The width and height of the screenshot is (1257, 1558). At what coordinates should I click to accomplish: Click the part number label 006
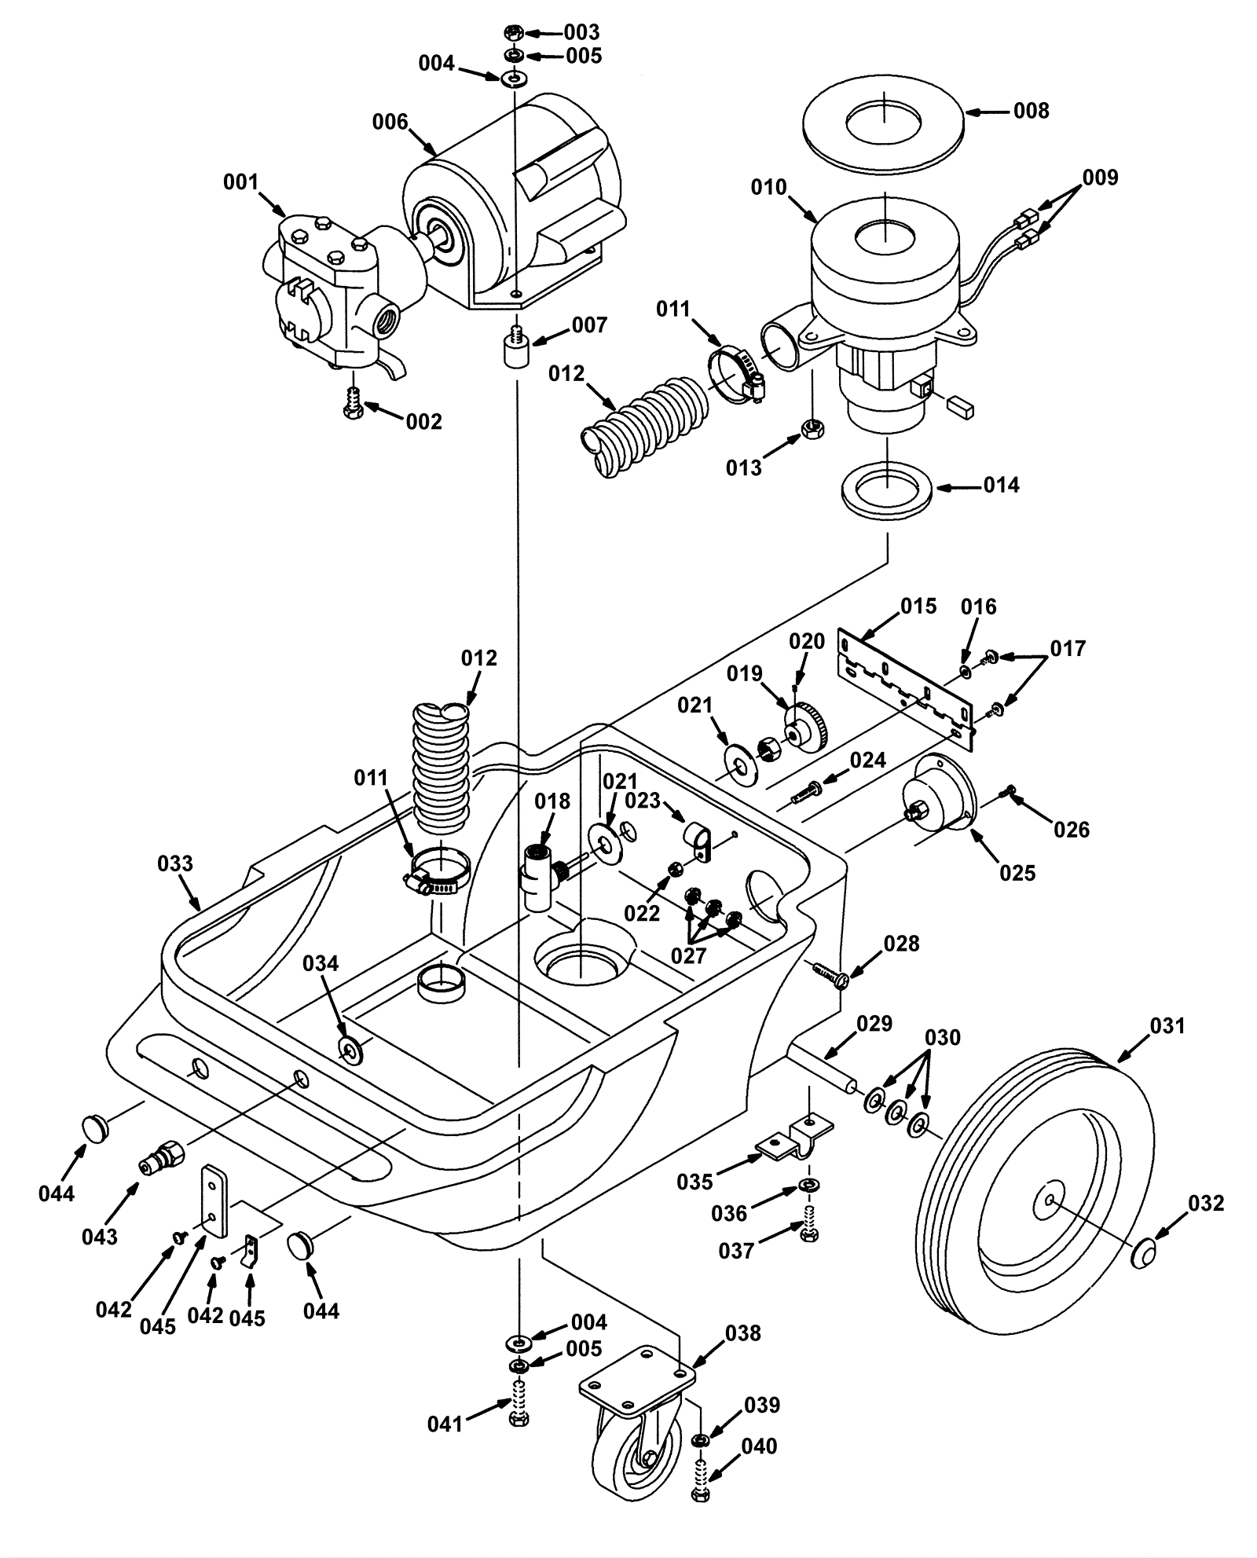click(x=390, y=122)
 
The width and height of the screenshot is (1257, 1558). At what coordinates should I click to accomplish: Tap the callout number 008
click(x=1031, y=111)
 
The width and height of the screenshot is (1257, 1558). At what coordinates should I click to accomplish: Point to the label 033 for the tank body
click(x=174, y=863)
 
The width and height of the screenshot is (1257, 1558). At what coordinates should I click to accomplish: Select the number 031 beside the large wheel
click(x=1167, y=1025)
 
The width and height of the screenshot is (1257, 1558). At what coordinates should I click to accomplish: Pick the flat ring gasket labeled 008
click(x=884, y=120)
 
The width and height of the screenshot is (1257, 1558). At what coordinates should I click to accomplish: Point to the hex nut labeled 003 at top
click(x=513, y=33)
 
